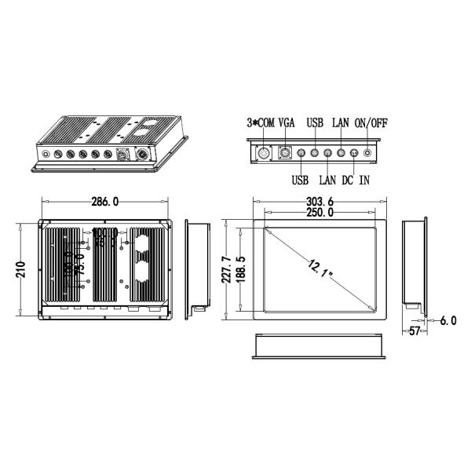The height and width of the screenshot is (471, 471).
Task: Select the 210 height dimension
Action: tap(21, 269)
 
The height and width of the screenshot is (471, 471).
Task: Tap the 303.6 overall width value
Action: tap(321, 202)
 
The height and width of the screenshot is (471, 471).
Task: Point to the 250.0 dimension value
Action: tap(319, 213)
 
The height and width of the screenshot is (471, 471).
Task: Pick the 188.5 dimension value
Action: tap(241, 269)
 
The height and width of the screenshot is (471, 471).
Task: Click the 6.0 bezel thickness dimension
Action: tap(447, 321)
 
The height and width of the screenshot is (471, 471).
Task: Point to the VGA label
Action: tap(287, 123)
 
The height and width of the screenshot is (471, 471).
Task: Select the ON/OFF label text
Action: tap(371, 123)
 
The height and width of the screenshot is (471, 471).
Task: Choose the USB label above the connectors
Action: tap(316, 123)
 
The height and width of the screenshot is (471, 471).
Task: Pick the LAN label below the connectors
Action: tap(327, 181)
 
